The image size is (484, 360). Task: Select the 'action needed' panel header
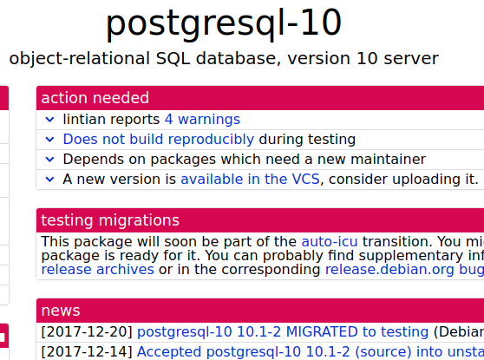95,98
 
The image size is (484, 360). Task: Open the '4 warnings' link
202,119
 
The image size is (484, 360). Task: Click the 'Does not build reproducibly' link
158,139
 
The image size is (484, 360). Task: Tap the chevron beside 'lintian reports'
50,119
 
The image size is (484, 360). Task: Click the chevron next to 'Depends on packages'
50,159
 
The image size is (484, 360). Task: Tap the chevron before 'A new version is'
50,179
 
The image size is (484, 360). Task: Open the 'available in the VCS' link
250,179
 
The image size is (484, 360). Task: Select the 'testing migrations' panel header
110,220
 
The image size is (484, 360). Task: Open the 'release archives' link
97,269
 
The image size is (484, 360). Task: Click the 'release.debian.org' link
390,269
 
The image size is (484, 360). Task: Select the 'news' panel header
61,311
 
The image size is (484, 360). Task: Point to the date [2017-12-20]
86,331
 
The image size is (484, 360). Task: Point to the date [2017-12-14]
86,351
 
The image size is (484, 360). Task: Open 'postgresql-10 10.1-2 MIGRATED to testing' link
283,331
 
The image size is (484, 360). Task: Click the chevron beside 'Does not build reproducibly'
50,139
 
